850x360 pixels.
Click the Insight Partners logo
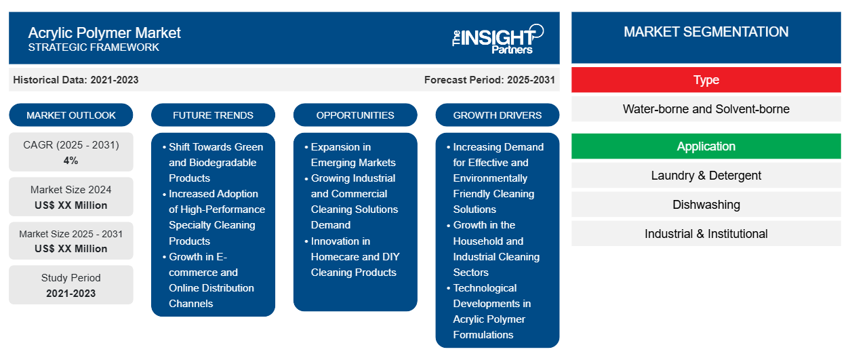(x=498, y=39)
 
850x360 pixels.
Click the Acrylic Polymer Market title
(x=104, y=33)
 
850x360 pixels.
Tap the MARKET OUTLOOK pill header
(x=71, y=115)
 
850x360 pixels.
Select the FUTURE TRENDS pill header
(x=213, y=115)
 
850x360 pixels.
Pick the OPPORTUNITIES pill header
(x=355, y=115)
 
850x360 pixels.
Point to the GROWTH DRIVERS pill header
(x=497, y=115)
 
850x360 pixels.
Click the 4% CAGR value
(x=71, y=161)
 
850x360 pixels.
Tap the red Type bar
(x=706, y=80)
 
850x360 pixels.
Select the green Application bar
(x=706, y=146)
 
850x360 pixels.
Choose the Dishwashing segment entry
(x=706, y=205)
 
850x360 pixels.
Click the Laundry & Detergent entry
(x=706, y=176)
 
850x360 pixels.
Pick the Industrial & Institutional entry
(x=706, y=234)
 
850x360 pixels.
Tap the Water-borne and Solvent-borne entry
(x=706, y=109)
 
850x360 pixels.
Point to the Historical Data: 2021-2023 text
(x=76, y=80)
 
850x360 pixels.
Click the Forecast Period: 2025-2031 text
(x=489, y=80)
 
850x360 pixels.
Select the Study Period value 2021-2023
(x=71, y=294)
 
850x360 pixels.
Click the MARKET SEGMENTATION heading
(x=706, y=32)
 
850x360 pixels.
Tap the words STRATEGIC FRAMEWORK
(x=94, y=47)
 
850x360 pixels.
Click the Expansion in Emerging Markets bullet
(x=353, y=155)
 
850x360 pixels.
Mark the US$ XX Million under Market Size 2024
(x=71, y=205)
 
